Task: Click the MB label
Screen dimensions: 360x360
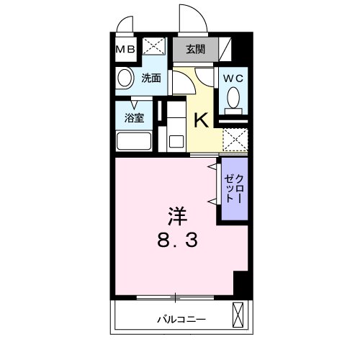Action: pyautogui.click(x=125, y=50)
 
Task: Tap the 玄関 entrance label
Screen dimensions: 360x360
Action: pyautogui.click(x=195, y=50)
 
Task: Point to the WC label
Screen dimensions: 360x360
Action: pyautogui.click(x=233, y=78)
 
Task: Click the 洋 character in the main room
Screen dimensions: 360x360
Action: pyautogui.click(x=179, y=215)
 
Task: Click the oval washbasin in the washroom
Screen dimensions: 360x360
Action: pyautogui.click(x=124, y=79)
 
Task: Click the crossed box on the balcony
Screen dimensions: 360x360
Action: pyautogui.click(x=238, y=315)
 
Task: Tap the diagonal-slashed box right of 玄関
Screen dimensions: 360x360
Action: pyautogui.click(x=225, y=50)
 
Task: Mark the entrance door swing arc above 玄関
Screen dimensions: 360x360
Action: pyautogui.click(x=189, y=19)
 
